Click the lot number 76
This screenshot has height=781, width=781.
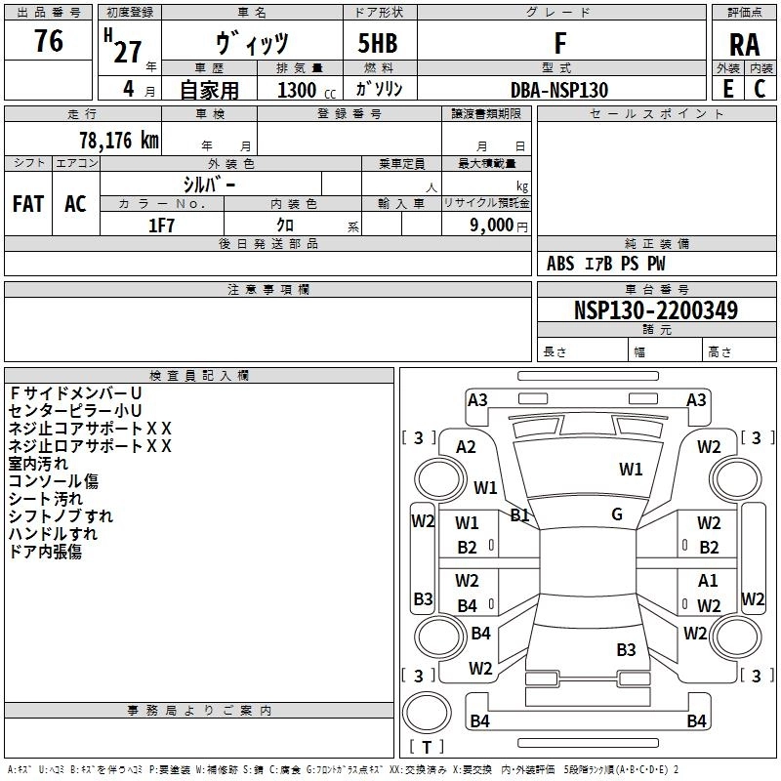click(49, 40)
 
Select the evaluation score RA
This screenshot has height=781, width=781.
click(744, 45)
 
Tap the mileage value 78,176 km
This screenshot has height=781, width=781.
click(119, 141)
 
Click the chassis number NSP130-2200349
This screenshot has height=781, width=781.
click(656, 309)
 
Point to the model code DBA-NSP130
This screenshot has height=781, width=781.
click(559, 90)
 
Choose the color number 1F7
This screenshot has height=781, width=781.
click(161, 226)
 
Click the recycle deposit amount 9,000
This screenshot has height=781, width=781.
click(492, 226)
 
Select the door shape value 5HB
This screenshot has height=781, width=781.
click(378, 43)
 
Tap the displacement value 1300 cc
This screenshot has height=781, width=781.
click(307, 90)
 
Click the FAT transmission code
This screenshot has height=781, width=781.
click(28, 204)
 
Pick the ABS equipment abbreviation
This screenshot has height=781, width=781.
click(560, 264)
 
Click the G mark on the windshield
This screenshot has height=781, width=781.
click(617, 514)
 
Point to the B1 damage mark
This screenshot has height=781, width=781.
click(519, 515)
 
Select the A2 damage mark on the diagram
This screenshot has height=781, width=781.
click(466, 447)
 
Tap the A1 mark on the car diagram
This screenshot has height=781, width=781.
click(708, 580)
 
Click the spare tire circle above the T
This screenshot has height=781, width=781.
click(427, 713)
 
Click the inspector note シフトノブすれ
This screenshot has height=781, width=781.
click(61, 516)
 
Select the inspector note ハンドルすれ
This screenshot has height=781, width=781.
click(53, 534)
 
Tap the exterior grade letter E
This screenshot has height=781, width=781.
click(728, 89)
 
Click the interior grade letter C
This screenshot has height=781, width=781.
click(760, 89)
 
